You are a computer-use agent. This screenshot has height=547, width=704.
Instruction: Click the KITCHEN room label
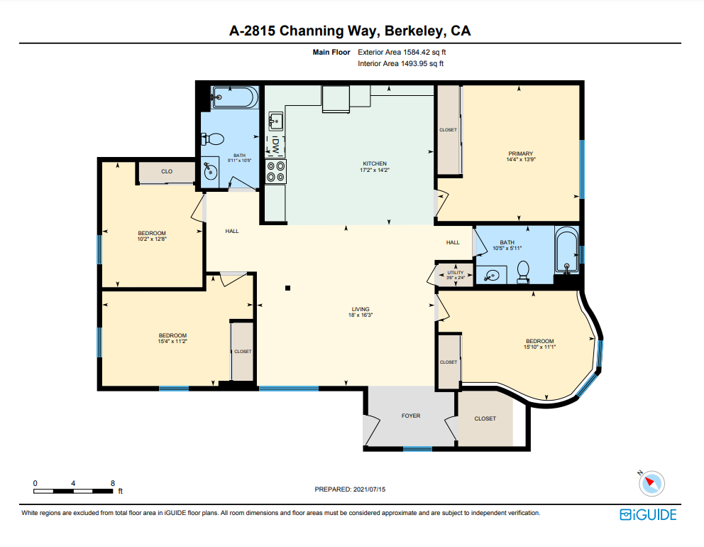pyautogui.click(x=375, y=163)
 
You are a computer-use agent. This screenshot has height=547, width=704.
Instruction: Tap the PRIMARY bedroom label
pyautogui.click(x=521, y=153)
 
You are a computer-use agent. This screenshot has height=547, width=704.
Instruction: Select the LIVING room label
pyautogui.click(x=361, y=309)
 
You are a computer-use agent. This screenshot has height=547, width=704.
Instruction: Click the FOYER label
pyautogui.click(x=411, y=416)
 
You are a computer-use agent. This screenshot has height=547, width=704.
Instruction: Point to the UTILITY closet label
pyautogui.click(x=456, y=272)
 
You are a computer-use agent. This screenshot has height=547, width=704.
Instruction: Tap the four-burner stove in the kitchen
pyautogui.click(x=275, y=171)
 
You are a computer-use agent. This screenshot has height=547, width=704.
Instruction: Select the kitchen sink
pyautogui.click(x=275, y=121)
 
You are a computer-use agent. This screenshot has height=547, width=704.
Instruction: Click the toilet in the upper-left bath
pyautogui.click(x=212, y=139)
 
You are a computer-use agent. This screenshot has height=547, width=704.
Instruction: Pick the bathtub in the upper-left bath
pyautogui.click(x=235, y=97)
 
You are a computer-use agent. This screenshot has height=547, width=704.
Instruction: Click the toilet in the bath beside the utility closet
pyautogui.click(x=523, y=272)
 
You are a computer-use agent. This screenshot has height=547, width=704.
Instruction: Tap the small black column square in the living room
pyautogui.click(x=288, y=288)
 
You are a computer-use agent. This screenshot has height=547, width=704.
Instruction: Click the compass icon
pyautogui.click(x=651, y=484)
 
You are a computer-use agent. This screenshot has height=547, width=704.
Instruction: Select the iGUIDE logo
pyautogui.click(x=648, y=514)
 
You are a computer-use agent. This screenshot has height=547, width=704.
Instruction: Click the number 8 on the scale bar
pyautogui.click(x=113, y=483)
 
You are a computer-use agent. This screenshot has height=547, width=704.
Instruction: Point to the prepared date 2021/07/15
pyautogui.click(x=369, y=489)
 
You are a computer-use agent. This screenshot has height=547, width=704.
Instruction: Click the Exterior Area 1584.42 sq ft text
pyautogui.click(x=402, y=52)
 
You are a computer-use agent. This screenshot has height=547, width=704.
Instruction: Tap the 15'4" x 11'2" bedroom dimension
pyautogui.click(x=172, y=341)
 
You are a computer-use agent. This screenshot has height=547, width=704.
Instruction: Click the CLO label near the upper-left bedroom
pyautogui.click(x=167, y=171)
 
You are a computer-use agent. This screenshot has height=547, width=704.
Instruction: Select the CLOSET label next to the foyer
pyautogui.click(x=485, y=418)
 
